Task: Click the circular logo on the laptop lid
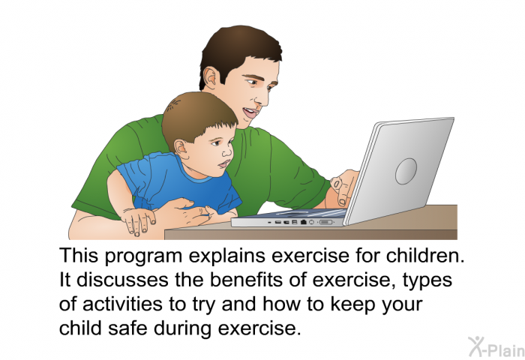pos(406,171)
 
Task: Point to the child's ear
pos(181,148)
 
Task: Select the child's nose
pos(228,151)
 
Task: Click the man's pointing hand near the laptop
pos(343,187)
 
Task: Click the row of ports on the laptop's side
pos(301,222)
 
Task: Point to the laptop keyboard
pos(301,213)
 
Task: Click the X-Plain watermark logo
pos(496,346)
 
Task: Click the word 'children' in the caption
pos(425,256)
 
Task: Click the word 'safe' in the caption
pos(127,328)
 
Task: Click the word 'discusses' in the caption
pos(122,280)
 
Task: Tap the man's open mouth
pos(250,112)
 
